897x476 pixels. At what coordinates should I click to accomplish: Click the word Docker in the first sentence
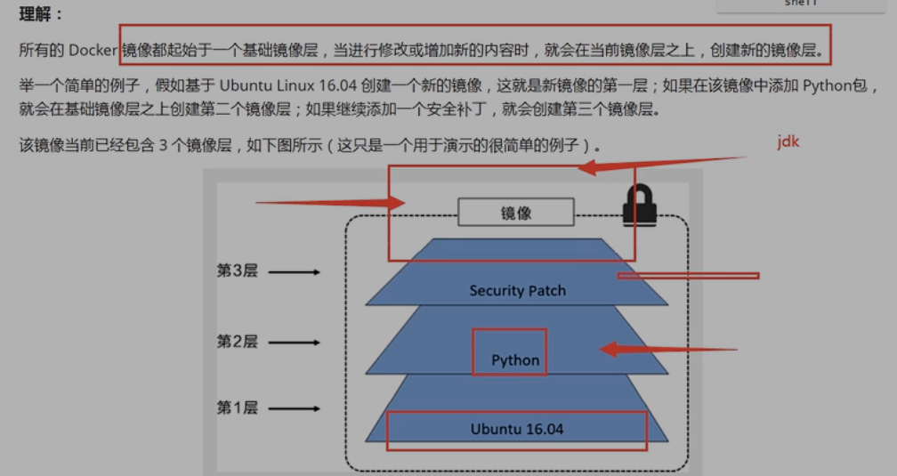(x=93, y=50)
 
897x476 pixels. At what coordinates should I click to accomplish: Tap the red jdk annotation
(x=788, y=141)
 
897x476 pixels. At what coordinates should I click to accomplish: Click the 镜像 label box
(x=515, y=213)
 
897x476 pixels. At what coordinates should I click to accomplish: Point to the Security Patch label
(x=517, y=291)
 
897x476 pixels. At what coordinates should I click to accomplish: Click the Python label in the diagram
(x=515, y=360)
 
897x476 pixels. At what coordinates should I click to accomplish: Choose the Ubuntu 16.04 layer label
(x=517, y=429)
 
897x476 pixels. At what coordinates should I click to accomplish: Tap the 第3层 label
(x=237, y=270)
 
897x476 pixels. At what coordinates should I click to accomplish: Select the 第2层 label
(x=237, y=341)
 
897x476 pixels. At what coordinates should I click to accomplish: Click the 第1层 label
(x=237, y=407)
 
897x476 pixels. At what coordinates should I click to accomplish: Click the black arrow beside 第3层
(x=294, y=271)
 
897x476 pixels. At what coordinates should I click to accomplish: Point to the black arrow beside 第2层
(x=294, y=342)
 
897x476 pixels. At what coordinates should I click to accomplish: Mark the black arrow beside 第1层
(x=294, y=408)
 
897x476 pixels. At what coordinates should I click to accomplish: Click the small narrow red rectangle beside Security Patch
(x=689, y=276)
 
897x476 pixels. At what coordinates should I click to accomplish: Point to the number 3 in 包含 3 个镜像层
(x=164, y=145)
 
